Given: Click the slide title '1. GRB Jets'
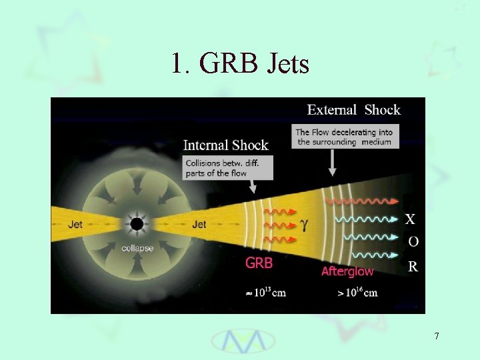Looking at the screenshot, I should click(240, 64).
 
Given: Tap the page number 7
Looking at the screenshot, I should click(437, 336).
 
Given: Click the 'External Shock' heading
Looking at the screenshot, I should click(353, 110).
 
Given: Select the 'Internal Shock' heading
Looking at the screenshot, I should click(225, 145).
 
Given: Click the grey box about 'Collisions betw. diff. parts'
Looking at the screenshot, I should click(227, 168).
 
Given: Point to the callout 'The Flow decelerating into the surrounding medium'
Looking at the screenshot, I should click(345, 137).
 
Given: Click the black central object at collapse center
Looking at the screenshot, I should click(137, 224).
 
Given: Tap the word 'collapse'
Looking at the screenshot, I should click(137, 248).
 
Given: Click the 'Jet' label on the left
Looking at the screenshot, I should click(75, 225).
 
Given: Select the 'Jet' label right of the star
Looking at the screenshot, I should click(199, 225).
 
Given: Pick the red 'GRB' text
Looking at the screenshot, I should click(259, 263).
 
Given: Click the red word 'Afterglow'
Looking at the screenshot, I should click(347, 271).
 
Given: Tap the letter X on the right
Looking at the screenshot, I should click(411, 219).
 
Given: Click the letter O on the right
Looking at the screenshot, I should click(413, 241).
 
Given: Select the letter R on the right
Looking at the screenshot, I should click(413, 267).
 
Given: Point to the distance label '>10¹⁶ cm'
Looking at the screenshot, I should click(357, 293).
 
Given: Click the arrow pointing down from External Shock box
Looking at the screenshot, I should click(333, 163).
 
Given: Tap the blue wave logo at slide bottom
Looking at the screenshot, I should click(243, 340).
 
